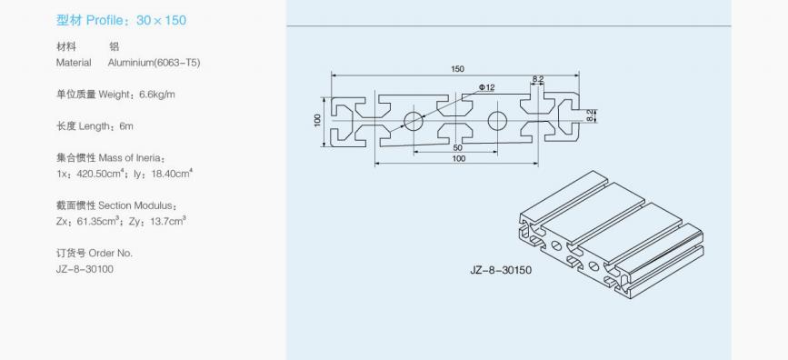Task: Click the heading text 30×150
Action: pos(161,21)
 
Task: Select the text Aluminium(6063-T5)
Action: pos(154,63)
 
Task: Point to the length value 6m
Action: pos(126,126)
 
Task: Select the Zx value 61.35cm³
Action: pos(98,221)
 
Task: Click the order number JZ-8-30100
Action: pos(85,269)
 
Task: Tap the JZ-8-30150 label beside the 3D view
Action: pos(501,271)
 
